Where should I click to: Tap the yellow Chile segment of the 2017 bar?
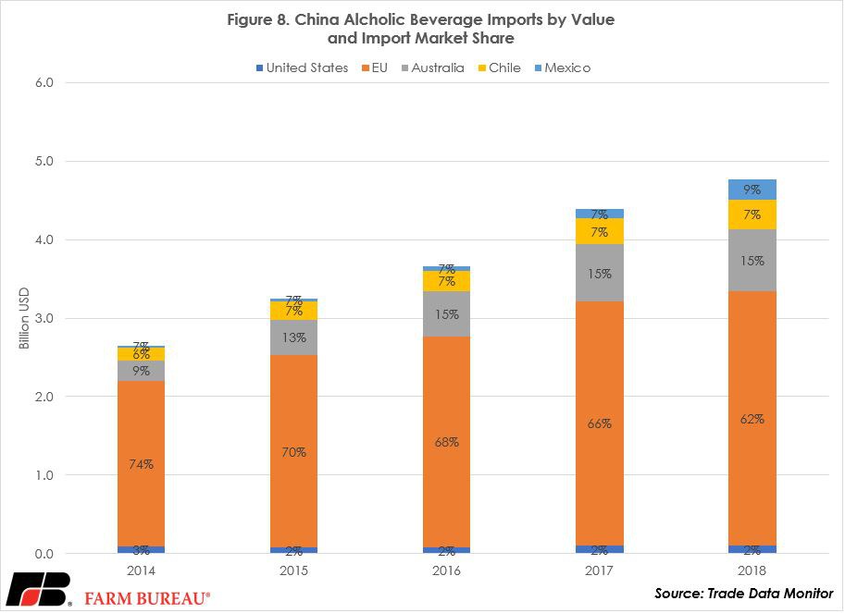tap(600, 231)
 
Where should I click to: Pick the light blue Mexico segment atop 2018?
tap(752, 190)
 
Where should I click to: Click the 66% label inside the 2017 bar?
tap(600, 423)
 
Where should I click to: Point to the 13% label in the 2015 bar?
tap(293, 337)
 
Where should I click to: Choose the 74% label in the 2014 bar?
tap(141, 466)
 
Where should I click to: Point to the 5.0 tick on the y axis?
tap(45, 161)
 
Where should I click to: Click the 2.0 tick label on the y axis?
tap(45, 397)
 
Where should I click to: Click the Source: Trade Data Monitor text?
tap(744, 593)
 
